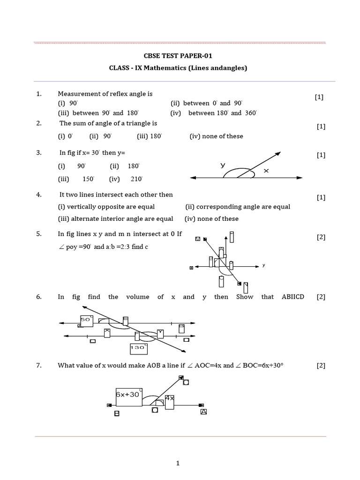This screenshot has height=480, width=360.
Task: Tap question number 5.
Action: pyautogui.click(x=39, y=233)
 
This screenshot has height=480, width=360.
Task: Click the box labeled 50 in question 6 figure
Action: pyautogui.click(x=86, y=320)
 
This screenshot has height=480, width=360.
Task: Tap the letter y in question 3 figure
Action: pyautogui.click(x=223, y=165)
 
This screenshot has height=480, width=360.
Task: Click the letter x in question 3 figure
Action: pyautogui.click(x=266, y=171)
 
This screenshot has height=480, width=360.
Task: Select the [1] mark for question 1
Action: pyautogui.click(x=319, y=97)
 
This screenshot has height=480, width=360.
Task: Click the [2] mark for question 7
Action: pyautogui.click(x=321, y=366)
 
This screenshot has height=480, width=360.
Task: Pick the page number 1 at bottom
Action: pyautogui.click(x=178, y=464)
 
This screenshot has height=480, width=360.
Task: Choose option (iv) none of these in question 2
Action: pyautogui.click(x=217, y=136)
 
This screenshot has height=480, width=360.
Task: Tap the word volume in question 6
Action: pyautogui.click(x=138, y=297)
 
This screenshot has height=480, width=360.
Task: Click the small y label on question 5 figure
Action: pyautogui.click(x=264, y=265)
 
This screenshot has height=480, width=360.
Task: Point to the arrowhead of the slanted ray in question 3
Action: pyautogui.click(x=277, y=153)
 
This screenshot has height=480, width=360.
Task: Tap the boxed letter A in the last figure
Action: pyautogui.click(x=203, y=412)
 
